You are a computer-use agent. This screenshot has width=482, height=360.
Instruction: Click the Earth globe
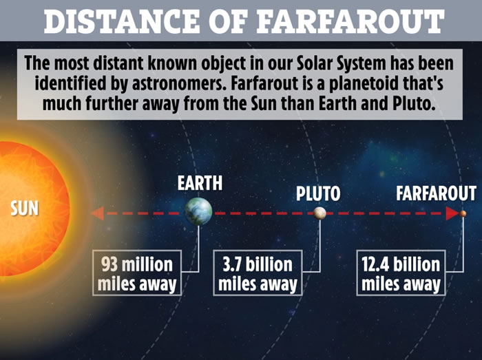point(198,211)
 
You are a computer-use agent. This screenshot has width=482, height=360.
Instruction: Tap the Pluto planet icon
point(319,213)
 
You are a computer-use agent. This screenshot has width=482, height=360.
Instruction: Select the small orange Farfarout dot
point(463,213)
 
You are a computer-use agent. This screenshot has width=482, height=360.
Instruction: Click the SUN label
point(24,208)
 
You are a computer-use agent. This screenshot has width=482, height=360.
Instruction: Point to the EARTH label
point(200,183)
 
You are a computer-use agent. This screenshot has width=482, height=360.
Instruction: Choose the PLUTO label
point(318,193)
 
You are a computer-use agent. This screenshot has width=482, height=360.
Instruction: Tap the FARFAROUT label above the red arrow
point(436,193)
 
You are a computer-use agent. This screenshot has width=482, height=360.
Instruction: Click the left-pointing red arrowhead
point(98,213)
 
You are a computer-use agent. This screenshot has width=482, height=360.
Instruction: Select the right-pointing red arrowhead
point(452,213)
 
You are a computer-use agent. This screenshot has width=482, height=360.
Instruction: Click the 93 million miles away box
point(137,273)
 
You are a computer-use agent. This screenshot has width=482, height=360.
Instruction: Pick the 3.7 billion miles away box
point(258,273)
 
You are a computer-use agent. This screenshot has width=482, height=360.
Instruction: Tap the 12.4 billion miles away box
point(401,273)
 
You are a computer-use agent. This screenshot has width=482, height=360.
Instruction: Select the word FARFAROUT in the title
point(350,21)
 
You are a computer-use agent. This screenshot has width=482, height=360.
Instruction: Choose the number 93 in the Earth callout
point(109,264)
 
